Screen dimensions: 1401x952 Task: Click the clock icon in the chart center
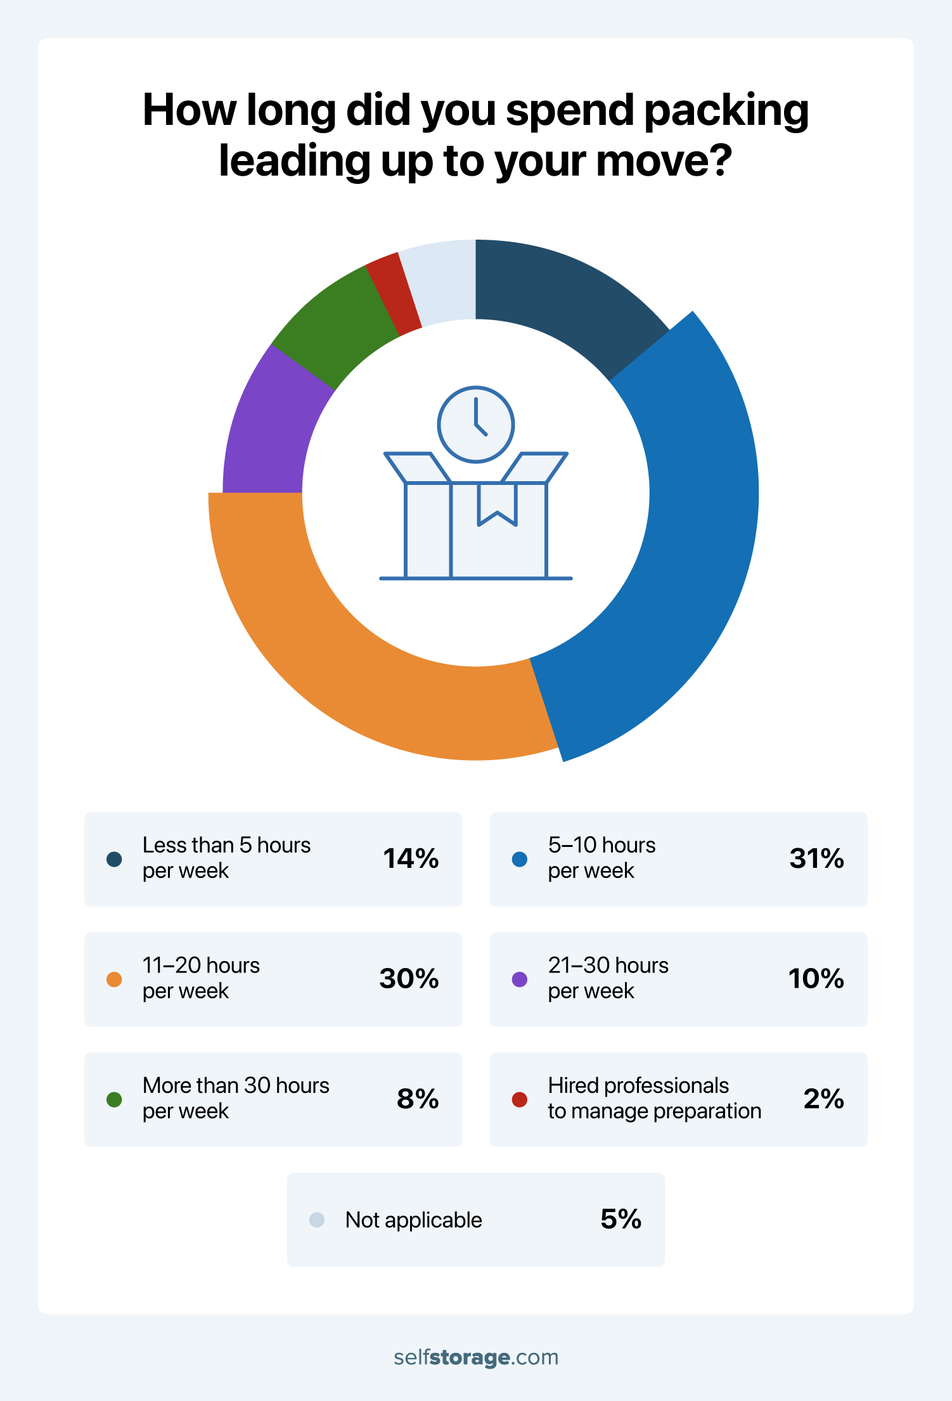[x=475, y=424]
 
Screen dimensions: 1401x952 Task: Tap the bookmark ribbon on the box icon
[x=498, y=504]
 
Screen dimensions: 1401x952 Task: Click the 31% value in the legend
[x=816, y=858]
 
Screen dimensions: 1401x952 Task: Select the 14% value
[x=411, y=858]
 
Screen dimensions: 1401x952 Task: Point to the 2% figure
[x=823, y=1099]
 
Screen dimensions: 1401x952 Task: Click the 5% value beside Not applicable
[x=621, y=1219]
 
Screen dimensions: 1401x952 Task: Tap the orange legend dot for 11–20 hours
[x=114, y=979]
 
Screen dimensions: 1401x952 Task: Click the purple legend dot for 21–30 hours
[x=520, y=979]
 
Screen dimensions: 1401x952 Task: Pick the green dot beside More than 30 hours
[x=114, y=1099]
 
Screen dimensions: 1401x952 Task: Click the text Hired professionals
[x=638, y=1085]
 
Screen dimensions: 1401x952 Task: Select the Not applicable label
[x=413, y=1220]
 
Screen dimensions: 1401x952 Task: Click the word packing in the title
[x=726, y=111]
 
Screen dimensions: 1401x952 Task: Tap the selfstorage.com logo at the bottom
[x=476, y=1357]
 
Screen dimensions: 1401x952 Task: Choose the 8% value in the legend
[x=418, y=1099]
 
